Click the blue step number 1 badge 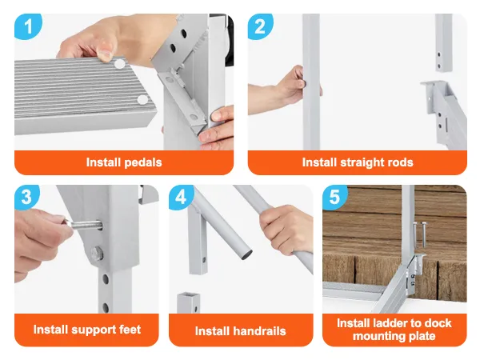pyautogui.click(x=28, y=26)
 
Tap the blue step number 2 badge pyautogui.click(x=260, y=26)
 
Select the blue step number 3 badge pyautogui.click(x=27, y=197)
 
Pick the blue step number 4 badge pyautogui.click(x=181, y=197)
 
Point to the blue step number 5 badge pyautogui.click(x=335, y=197)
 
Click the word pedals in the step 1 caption pyautogui.click(x=143, y=162)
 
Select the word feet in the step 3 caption pyautogui.click(x=130, y=330)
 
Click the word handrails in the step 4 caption pyautogui.click(x=259, y=331)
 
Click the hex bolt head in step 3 pyautogui.click(x=96, y=254)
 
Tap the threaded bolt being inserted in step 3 pyautogui.click(x=85, y=226)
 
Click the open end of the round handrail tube pyautogui.click(x=246, y=254)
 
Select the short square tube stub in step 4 pyautogui.click(x=188, y=302)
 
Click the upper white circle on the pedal pyautogui.click(x=120, y=64)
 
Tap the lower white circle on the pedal pyautogui.click(x=142, y=100)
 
